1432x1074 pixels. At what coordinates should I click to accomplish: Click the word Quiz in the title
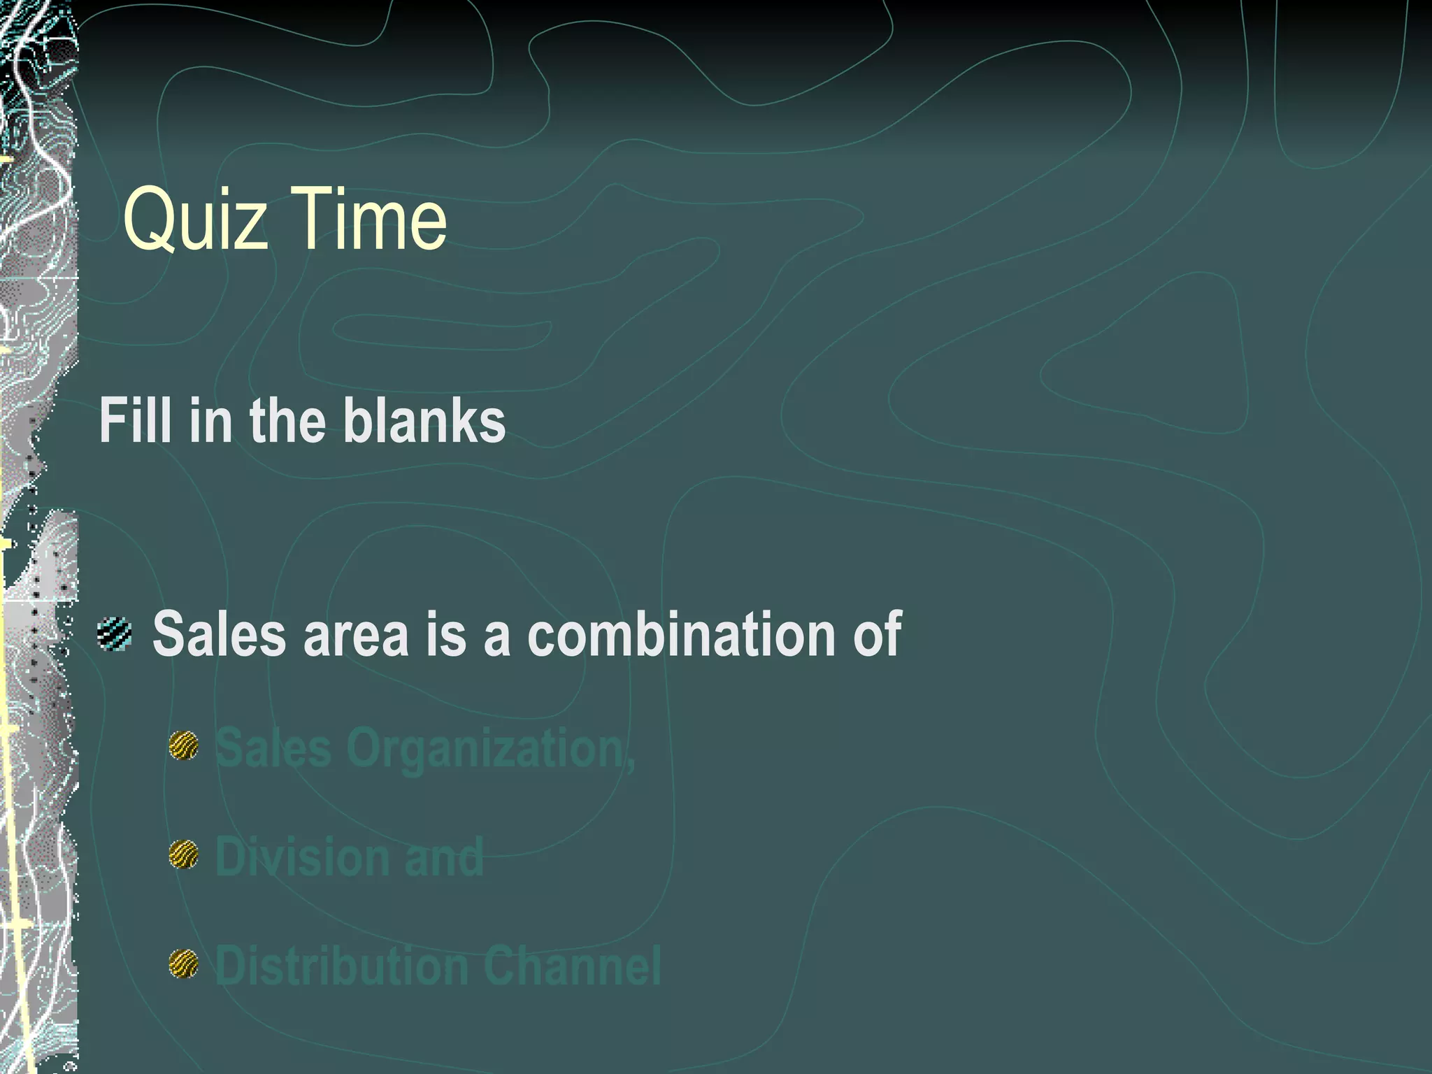pyautogui.click(x=195, y=220)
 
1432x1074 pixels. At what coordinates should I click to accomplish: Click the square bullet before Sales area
pyautogui.click(x=115, y=633)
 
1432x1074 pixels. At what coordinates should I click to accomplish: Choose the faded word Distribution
pyautogui.click(x=342, y=966)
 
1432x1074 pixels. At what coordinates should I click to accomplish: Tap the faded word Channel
pyautogui.click(x=572, y=966)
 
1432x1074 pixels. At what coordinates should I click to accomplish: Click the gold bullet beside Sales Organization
pyautogui.click(x=184, y=745)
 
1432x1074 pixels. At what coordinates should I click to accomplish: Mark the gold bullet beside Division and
pyautogui.click(x=184, y=854)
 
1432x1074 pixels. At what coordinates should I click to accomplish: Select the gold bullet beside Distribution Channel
pyautogui.click(x=184, y=964)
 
